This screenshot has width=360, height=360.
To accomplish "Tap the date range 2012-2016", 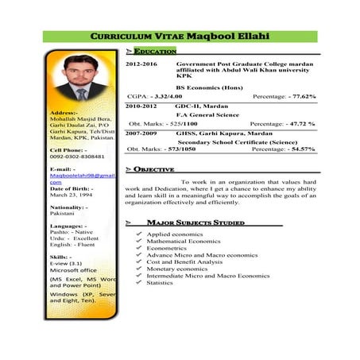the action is pos(141,63).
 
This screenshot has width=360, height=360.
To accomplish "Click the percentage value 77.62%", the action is pos(300,95).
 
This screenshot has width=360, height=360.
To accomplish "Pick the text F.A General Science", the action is pos(207,114).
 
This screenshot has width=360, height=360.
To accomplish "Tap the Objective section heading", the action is pos(156,169).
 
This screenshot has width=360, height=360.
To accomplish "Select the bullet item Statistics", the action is pos(160,282).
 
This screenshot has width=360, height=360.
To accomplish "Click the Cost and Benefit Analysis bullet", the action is pos(184,261).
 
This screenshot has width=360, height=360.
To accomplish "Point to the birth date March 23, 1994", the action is pos(72,194).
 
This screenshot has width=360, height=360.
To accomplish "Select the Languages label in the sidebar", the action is pos(68,226).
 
